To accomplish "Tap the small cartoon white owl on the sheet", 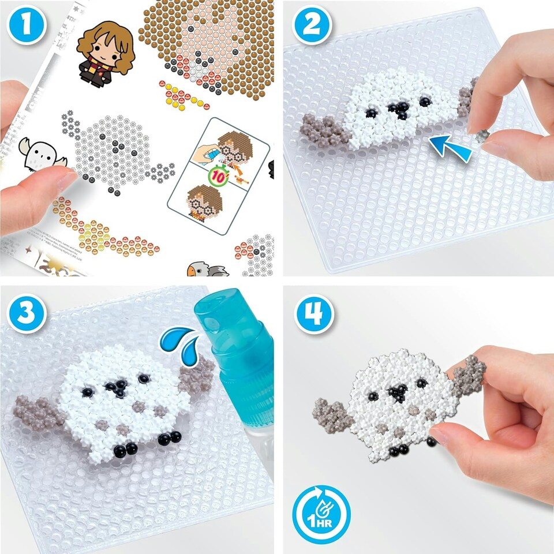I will pos(36,152).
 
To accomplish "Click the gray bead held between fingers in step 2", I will pos(481,134).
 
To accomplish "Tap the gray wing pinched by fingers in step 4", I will pos(467,376).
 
